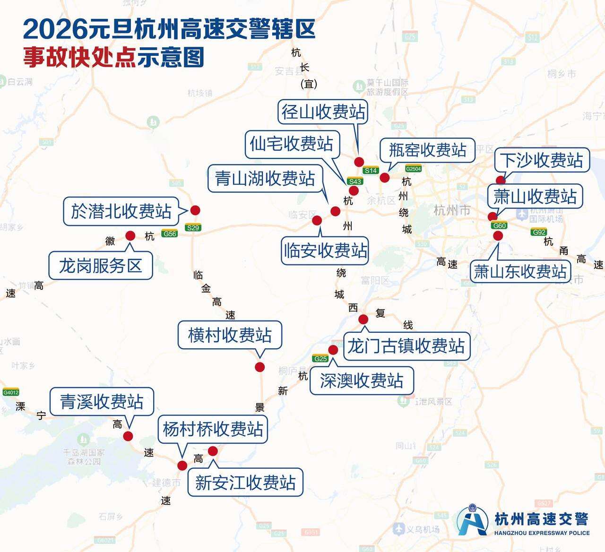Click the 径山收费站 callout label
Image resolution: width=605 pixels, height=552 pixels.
[323, 112]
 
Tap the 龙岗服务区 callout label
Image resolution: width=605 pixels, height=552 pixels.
[101, 266]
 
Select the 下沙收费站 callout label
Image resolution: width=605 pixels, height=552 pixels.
[542, 160]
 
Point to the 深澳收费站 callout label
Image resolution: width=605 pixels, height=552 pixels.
[362, 380]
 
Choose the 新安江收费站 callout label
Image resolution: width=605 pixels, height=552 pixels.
[245, 483]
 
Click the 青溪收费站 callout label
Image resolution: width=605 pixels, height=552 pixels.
[102, 402]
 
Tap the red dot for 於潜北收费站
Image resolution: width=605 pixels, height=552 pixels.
[195, 210]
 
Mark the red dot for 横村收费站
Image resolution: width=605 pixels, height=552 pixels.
[259, 367]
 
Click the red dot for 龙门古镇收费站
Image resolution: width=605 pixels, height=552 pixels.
[363, 319]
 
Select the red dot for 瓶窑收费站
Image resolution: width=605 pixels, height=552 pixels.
[384, 178]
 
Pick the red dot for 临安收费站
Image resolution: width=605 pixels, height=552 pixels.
[317, 220]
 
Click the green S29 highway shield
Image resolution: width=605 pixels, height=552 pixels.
[193, 228]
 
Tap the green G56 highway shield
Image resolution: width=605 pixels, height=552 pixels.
[169, 233]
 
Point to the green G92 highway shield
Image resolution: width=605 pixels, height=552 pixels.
[539, 232]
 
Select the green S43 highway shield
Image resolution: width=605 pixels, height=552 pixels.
[354, 181]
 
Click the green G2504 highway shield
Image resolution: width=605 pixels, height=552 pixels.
[413, 169]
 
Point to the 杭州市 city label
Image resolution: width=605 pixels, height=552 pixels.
[451, 210]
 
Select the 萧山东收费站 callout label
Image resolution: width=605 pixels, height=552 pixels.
[520, 271]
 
